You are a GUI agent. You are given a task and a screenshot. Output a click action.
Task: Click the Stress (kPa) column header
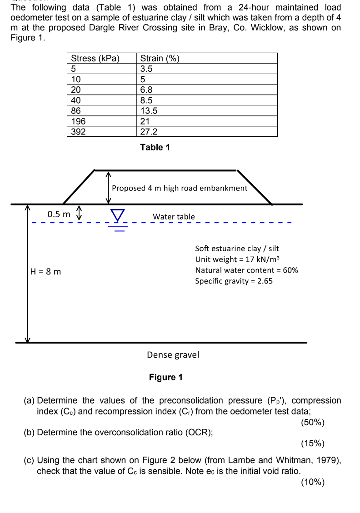pos(95,58)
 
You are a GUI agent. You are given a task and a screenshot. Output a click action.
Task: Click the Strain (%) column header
pos(160,58)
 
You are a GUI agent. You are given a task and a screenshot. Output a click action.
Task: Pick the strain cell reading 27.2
pos(149,131)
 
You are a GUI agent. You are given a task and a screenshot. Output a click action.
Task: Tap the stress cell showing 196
pos(78,121)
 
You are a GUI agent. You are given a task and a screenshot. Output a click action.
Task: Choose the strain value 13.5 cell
pos(149,110)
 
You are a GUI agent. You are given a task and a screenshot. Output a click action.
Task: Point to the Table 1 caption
pos(155,147)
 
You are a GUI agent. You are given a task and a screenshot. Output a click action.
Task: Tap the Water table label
pos(174,217)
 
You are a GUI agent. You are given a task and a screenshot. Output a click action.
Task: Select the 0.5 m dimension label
pos(59,214)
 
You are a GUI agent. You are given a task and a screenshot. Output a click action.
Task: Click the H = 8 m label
pos(45,272)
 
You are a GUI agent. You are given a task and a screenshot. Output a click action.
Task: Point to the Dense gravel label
pos(173,354)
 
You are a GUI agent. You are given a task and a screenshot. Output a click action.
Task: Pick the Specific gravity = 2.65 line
pos(234,281)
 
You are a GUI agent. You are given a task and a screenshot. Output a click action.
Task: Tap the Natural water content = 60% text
pos(246,270)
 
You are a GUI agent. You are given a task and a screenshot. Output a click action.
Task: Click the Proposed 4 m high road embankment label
pos(180,188)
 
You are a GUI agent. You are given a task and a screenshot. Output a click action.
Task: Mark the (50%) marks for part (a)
pos(313,422)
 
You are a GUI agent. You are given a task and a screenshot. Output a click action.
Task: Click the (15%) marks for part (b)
pos(313,443)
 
